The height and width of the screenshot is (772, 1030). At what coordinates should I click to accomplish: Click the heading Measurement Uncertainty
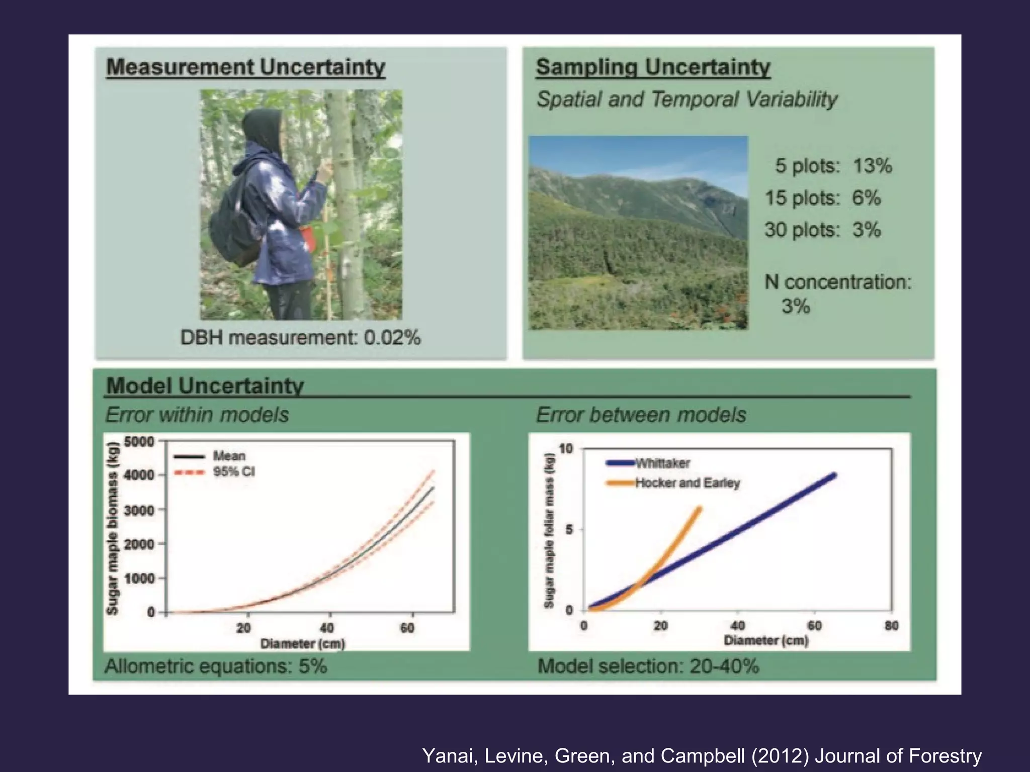(245, 67)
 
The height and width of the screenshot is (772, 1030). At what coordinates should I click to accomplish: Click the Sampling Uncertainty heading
(653, 67)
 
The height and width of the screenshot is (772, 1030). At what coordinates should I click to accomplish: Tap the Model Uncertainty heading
(205, 385)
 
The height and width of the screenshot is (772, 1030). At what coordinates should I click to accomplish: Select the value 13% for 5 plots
(873, 165)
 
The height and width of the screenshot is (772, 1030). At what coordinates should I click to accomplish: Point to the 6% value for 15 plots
(866, 198)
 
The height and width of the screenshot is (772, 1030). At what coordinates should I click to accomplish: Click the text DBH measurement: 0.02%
(300, 337)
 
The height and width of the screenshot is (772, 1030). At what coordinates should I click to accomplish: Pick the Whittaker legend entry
(662, 463)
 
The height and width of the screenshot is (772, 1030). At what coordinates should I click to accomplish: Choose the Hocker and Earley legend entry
(687, 483)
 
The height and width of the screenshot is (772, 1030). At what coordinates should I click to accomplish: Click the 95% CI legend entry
(234, 472)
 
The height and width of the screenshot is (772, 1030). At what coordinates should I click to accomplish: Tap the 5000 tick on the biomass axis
(139, 442)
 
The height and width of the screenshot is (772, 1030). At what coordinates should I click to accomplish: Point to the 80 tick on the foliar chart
(891, 626)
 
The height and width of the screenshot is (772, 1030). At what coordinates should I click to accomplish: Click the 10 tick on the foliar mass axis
(566, 449)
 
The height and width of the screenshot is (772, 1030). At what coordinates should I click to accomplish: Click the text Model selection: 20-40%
(648, 666)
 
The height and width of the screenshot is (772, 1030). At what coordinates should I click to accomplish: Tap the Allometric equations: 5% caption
(216, 666)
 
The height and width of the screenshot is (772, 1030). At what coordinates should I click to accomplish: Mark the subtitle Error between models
(641, 415)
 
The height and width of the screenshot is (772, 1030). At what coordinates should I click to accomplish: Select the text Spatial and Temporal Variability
(686, 99)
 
